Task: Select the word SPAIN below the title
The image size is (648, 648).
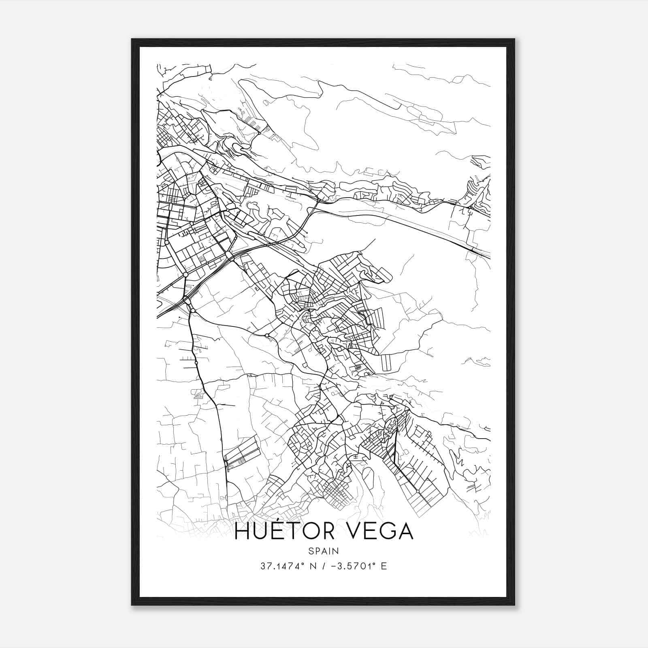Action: pos(324,551)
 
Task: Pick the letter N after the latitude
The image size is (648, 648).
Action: pos(312,566)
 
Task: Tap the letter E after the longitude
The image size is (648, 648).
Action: pos(384,566)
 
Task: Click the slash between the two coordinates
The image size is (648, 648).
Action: pos(323,566)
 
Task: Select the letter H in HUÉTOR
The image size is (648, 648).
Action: pos(242,531)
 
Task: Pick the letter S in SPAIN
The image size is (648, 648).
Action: pos(311,551)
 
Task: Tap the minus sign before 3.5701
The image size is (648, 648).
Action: pos(333,566)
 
